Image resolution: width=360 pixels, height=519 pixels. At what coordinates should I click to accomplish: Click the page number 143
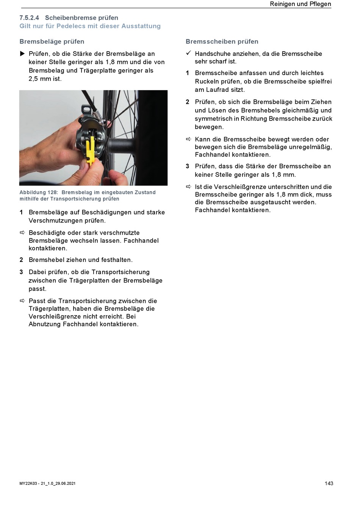click(x=329, y=483)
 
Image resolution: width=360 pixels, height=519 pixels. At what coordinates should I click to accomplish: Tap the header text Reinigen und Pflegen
click(x=300, y=4)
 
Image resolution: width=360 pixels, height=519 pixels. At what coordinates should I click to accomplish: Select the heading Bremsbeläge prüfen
click(x=52, y=42)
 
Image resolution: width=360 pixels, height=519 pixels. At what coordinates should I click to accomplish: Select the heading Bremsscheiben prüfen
click(x=222, y=42)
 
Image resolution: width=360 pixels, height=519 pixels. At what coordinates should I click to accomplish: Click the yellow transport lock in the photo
click(x=91, y=150)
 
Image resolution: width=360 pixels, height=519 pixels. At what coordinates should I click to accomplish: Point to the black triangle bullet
click(x=22, y=54)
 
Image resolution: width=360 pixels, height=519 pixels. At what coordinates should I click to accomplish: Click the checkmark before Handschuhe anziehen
click(x=188, y=53)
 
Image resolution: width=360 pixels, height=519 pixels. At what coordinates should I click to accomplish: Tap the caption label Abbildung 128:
click(x=39, y=193)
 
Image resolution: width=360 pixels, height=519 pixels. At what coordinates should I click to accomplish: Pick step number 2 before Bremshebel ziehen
click(x=21, y=260)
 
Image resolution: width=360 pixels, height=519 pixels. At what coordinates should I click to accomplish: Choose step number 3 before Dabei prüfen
click(x=21, y=272)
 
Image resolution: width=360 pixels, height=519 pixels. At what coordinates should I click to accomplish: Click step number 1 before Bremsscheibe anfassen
click(x=187, y=73)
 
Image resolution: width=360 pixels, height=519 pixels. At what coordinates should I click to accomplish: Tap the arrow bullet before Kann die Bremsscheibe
click(x=188, y=139)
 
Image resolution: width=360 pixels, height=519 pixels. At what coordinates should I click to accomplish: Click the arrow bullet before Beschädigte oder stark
click(x=22, y=232)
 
